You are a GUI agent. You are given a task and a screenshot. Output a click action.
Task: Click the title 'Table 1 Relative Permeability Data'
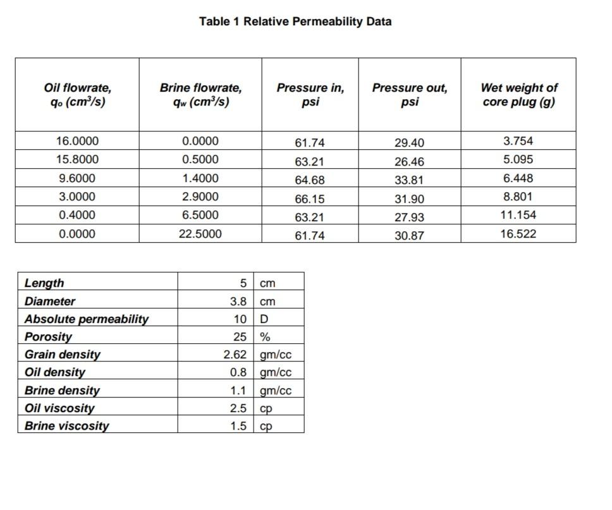(295, 21)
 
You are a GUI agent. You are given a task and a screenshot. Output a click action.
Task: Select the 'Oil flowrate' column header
(77, 94)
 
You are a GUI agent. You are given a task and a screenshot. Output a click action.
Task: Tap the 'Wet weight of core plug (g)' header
(518, 94)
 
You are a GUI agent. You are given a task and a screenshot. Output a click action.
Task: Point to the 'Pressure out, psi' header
(410, 94)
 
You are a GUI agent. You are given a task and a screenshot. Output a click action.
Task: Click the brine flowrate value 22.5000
(200, 234)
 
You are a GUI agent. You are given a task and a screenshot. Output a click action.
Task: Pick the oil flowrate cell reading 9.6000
(77, 178)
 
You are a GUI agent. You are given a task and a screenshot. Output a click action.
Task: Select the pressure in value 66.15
(310, 199)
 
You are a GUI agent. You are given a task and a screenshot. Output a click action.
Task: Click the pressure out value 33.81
(409, 180)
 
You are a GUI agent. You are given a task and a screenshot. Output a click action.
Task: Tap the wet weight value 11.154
(518, 215)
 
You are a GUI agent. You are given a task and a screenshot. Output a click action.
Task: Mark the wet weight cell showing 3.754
(518, 141)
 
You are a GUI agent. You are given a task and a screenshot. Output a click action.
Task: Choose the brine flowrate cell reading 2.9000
(200, 197)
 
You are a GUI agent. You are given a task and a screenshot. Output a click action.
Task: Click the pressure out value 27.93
(409, 217)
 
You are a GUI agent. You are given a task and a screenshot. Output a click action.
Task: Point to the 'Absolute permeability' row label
(87, 319)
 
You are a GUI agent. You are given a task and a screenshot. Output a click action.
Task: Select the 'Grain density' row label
(62, 355)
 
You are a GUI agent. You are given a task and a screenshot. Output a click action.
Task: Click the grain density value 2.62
(235, 355)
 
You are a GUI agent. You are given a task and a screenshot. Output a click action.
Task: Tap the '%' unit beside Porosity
(266, 337)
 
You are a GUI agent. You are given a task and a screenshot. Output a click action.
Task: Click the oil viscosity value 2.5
(238, 408)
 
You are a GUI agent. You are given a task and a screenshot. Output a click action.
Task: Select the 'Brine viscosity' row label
(66, 426)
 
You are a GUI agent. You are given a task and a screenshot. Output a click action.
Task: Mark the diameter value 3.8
(238, 301)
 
